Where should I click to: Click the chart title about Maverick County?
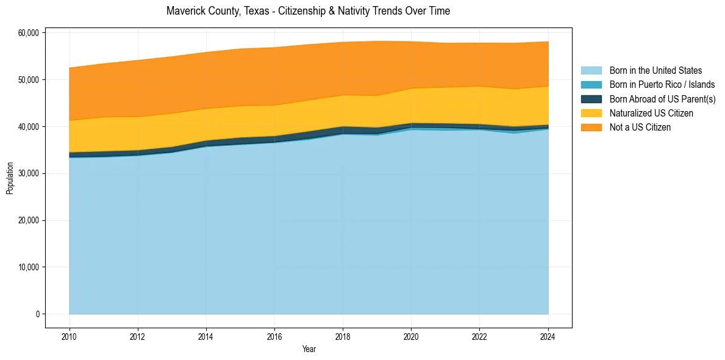coord(308,11)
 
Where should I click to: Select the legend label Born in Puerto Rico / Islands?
coord(662,85)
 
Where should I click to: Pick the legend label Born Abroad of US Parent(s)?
coord(662,99)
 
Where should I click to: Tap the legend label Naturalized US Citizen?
coord(651,113)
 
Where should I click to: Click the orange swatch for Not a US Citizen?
coord(591,127)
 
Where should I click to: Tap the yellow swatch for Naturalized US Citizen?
coord(591,113)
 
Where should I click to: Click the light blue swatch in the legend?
coord(591,71)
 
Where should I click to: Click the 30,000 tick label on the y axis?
coord(29,173)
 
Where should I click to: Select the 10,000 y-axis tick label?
coord(29,267)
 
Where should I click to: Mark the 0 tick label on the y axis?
coord(37,314)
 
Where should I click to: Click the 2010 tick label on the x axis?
coord(70,335)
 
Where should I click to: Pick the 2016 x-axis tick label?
coord(274,335)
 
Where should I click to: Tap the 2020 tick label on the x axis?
coord(411,335)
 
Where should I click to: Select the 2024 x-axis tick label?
coord(548,335)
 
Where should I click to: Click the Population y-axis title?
coord(10,178)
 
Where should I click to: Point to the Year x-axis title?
coord(309,349)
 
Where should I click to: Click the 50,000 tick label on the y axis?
coord(29,79)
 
